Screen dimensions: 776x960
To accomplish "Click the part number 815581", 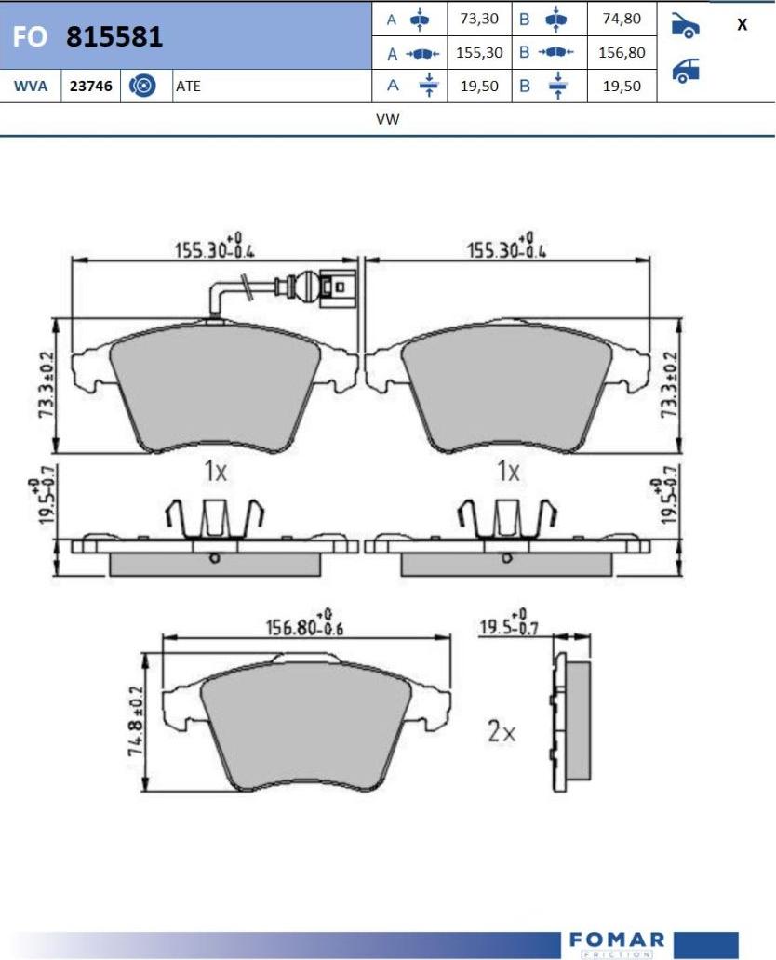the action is (x=114, y=36).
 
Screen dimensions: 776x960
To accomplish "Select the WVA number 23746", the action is (x=90, y=86).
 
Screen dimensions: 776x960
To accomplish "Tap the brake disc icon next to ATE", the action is (x=142, y=86).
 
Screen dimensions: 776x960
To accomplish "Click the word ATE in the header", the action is (x=188, y=86).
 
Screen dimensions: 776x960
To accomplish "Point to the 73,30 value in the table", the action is (x=479, y=19).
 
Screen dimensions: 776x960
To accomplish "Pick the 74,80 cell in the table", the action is (x=622, y=19).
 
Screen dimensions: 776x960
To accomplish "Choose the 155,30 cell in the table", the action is (x=479, y=53).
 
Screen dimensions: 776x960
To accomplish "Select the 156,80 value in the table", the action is (x=622, y=53).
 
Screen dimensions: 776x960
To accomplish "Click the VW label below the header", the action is (x=388, y=119).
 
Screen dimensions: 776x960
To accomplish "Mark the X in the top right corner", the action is (x=742, y=24).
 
